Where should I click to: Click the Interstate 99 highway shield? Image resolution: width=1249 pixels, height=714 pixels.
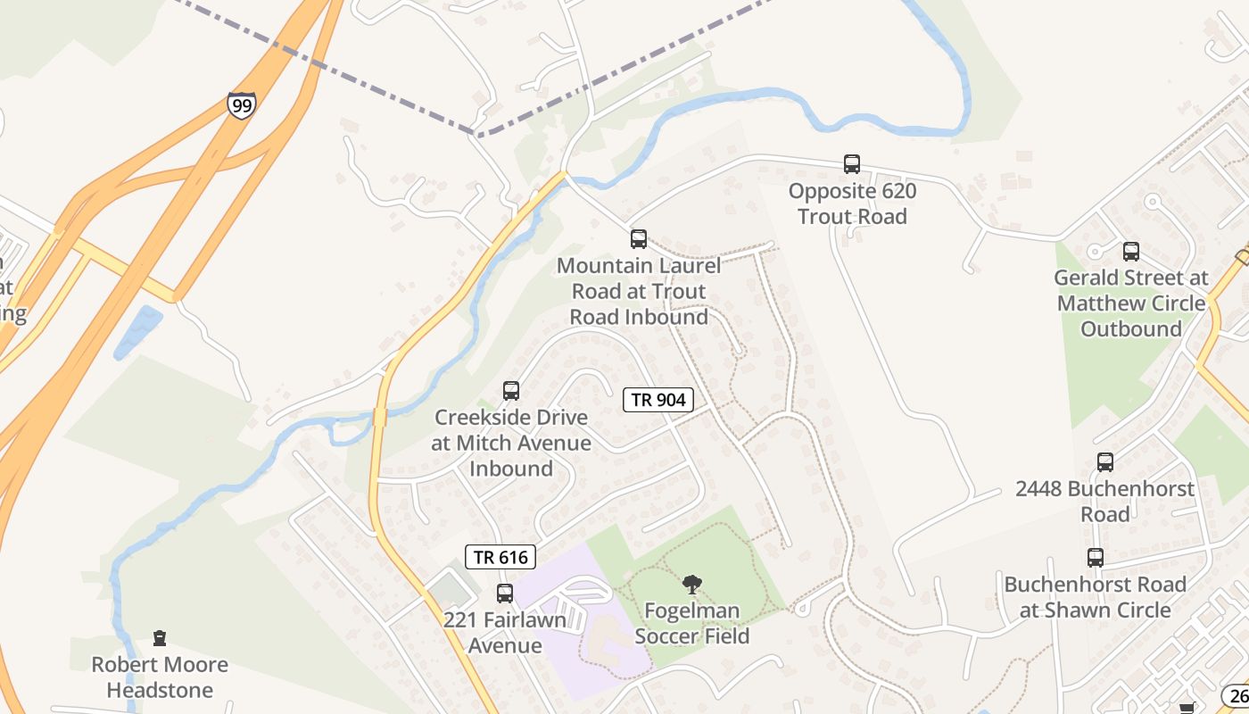(x=241, y=104)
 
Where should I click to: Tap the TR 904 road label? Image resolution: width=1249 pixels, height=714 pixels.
(x=658, y=400)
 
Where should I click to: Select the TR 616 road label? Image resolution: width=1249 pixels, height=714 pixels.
(x=500, y=558)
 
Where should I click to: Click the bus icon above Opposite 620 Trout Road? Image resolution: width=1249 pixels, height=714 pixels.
(x=852, y=164)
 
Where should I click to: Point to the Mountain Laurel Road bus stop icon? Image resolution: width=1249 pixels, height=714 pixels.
(x=639, y=239)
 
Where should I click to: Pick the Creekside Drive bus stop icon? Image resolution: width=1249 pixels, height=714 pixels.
(x=511, y=391)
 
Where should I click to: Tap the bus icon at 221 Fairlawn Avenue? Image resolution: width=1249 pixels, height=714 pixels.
(x=505, y=594)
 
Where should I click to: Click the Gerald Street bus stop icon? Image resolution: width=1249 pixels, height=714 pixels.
(x=1131, y=252)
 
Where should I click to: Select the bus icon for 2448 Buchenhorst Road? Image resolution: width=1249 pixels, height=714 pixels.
(x=1105, y=462)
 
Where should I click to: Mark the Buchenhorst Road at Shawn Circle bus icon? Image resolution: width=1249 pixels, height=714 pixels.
(x=1096, y=558)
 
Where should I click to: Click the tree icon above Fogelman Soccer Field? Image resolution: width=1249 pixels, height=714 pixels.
(x=691, y=585)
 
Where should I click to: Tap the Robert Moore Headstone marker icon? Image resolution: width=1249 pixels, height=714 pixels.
(x=160, y=638)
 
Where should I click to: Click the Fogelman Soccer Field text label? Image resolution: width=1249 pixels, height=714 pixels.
(x=691, y=623)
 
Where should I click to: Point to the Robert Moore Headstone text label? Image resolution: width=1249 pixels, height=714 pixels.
(x=160, y=677)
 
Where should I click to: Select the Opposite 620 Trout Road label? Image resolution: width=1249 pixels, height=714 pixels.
(x=852, y=203)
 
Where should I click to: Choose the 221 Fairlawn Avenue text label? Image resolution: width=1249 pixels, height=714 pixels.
(x=505, y=632)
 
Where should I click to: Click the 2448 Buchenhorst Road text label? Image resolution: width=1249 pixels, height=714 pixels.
(x=1105, y=501)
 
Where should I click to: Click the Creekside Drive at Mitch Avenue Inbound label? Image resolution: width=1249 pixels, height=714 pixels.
(x=511, y=443)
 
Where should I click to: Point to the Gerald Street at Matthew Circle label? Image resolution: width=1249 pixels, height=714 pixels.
(x=1131, y=303)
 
